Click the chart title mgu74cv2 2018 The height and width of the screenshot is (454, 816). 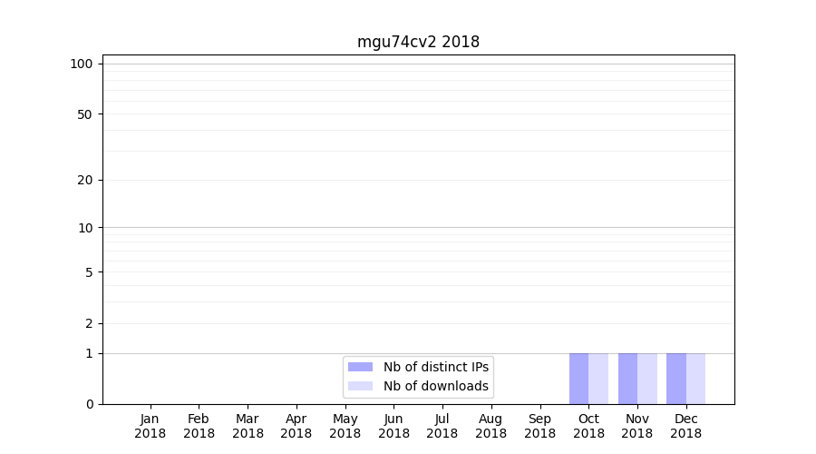418,42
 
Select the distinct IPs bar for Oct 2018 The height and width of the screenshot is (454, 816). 578,379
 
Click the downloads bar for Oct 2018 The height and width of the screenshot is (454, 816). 598,379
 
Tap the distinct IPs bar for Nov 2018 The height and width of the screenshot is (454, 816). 627,379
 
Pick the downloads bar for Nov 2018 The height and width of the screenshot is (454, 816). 647,379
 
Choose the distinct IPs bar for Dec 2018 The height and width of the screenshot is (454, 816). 676,379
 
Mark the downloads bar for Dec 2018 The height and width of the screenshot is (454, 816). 695,379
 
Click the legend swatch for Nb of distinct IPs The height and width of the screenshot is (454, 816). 360,367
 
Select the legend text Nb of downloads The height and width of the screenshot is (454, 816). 435,386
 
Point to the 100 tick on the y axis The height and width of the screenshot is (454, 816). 82,64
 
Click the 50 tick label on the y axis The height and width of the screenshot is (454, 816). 85,114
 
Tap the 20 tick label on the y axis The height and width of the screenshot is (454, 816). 85,180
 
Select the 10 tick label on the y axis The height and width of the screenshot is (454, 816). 85,228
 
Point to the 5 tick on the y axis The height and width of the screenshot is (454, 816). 89,272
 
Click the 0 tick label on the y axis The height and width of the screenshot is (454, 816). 89,404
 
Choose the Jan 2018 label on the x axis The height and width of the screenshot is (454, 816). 151,426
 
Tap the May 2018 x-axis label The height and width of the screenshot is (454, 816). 345,426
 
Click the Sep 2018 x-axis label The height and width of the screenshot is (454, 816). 539,426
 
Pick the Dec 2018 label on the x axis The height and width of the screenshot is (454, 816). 685,426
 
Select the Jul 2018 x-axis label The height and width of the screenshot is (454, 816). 442,426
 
